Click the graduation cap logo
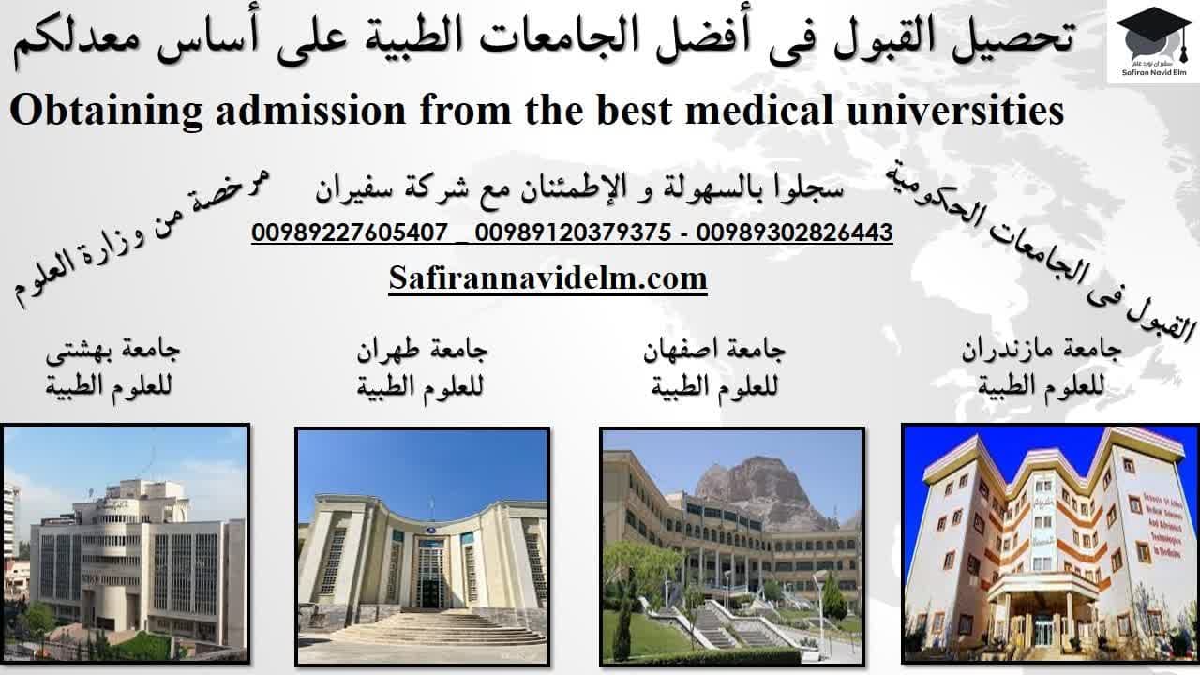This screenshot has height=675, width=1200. pos(1154,35)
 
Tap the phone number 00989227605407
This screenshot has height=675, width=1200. pos(350,232)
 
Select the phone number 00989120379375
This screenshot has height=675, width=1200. pos(573,232)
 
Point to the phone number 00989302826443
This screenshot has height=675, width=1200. pos(794,232)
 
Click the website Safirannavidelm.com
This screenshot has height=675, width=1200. pos(548,278)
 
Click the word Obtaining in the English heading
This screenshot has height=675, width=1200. pos(106,111)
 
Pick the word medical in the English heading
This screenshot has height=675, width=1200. pos(759,110)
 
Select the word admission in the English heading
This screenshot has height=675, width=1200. pos(311,110)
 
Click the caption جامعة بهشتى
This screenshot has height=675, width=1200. pos(113,351)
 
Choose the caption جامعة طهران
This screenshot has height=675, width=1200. pos(422,351)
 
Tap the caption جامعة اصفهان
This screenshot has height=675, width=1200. pos(714,351)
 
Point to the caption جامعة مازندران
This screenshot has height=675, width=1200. pos(1042,351)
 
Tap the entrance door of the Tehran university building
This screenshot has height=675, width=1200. pos(430,577)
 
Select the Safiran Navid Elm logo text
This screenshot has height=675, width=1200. pos(1154,72)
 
